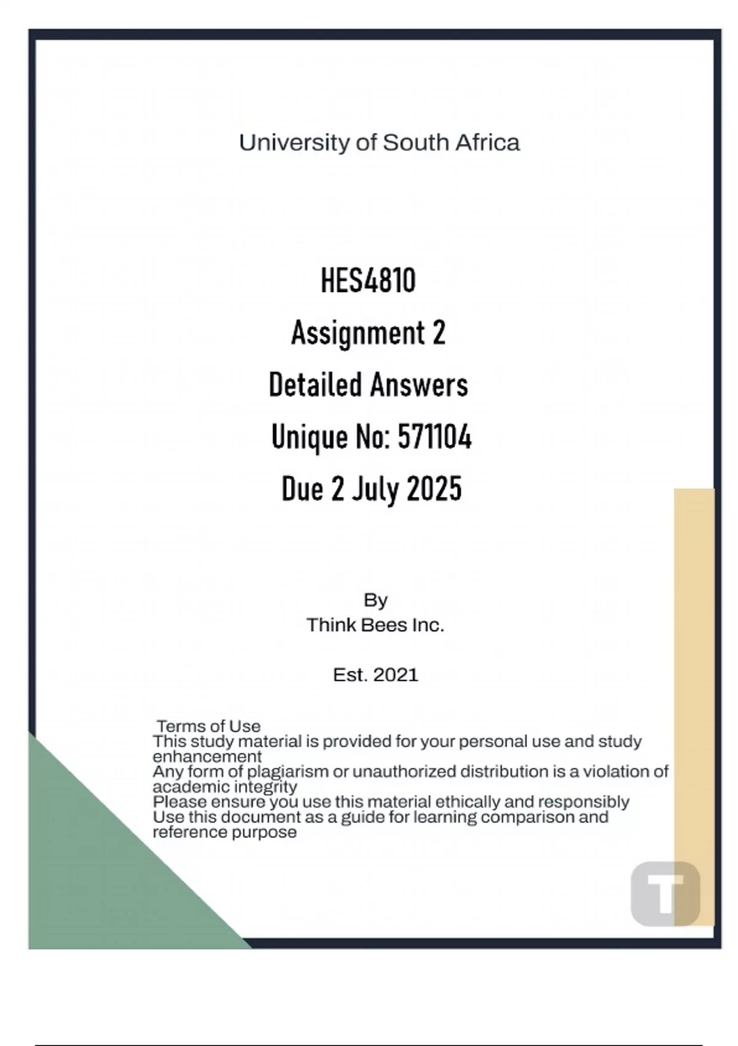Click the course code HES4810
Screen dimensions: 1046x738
368,281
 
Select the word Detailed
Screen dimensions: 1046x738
315,386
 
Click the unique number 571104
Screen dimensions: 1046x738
435,438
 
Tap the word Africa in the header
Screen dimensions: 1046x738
487,143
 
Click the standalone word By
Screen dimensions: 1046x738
375,600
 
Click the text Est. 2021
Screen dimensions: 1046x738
375,675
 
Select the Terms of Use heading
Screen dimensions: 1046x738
208,726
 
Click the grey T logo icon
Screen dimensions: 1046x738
665,893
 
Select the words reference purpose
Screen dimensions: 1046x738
224,832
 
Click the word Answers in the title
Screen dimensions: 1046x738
419,386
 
